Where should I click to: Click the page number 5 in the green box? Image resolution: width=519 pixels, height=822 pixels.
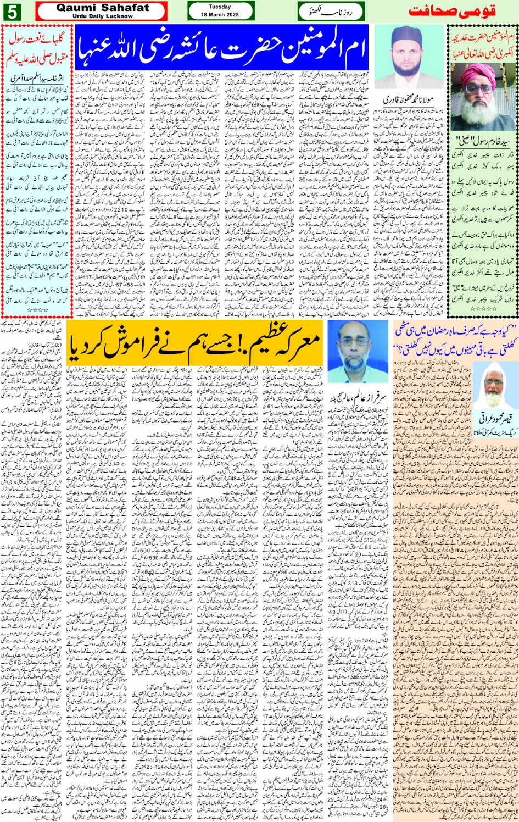tap(12, 12)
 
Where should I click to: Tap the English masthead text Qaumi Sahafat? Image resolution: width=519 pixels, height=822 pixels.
tap(102, 8)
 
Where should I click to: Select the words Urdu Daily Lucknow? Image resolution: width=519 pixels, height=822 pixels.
tap(102, 16)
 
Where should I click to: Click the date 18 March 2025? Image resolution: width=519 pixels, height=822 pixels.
tap(220, 15)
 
